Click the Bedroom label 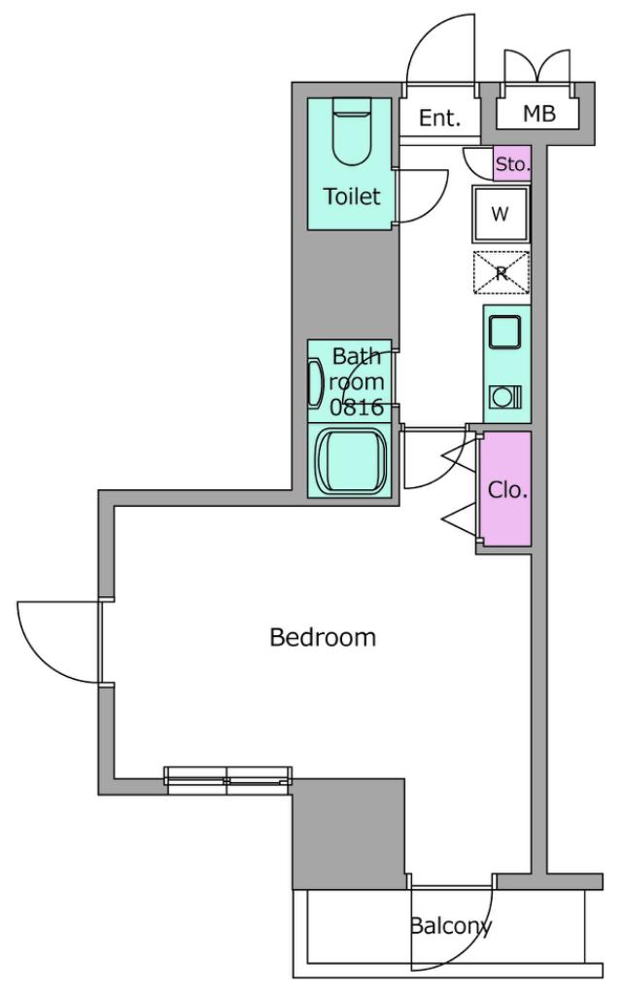click(x=323, y=636)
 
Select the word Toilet click(x=352, y=196)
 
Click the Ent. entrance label click(x=439, y=118)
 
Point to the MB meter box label click(x=538, y=114)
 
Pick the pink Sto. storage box click(x=511, y=163)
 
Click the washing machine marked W click(x=501, y=214)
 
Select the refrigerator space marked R click(x=501, y=273)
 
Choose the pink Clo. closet click(x=506, y=489)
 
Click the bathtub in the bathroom click(x=352, y=460)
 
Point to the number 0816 click(x=357, y=408)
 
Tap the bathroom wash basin click(x=314, y=382)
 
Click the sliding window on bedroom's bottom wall click(x=228, y=781)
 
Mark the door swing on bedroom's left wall click(x=58, y=642)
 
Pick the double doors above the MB click(x=537, y=67)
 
